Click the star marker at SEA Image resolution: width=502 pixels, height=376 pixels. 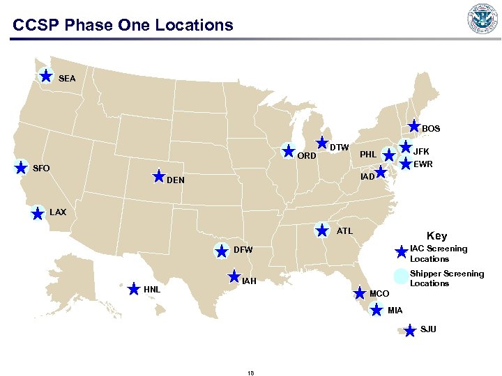45,75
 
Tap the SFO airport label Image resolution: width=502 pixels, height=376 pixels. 43,169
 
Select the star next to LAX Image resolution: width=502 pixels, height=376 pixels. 38,213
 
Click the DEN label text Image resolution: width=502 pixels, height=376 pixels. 176,180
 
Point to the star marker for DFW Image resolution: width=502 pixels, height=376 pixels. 222,251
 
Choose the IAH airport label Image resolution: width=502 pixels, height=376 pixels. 250,282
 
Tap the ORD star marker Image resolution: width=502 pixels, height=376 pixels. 288,150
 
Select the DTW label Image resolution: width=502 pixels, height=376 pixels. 340,148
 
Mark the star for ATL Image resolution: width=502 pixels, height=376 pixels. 322,229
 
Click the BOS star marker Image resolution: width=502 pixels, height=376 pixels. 414,127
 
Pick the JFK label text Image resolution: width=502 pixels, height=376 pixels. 422,150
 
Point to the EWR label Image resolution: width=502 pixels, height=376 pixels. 423,165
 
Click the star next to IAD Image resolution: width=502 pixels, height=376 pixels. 381,171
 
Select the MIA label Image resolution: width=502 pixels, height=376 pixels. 395,310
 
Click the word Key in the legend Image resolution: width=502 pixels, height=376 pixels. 437,236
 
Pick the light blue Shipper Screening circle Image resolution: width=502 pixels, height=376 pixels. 400,276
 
